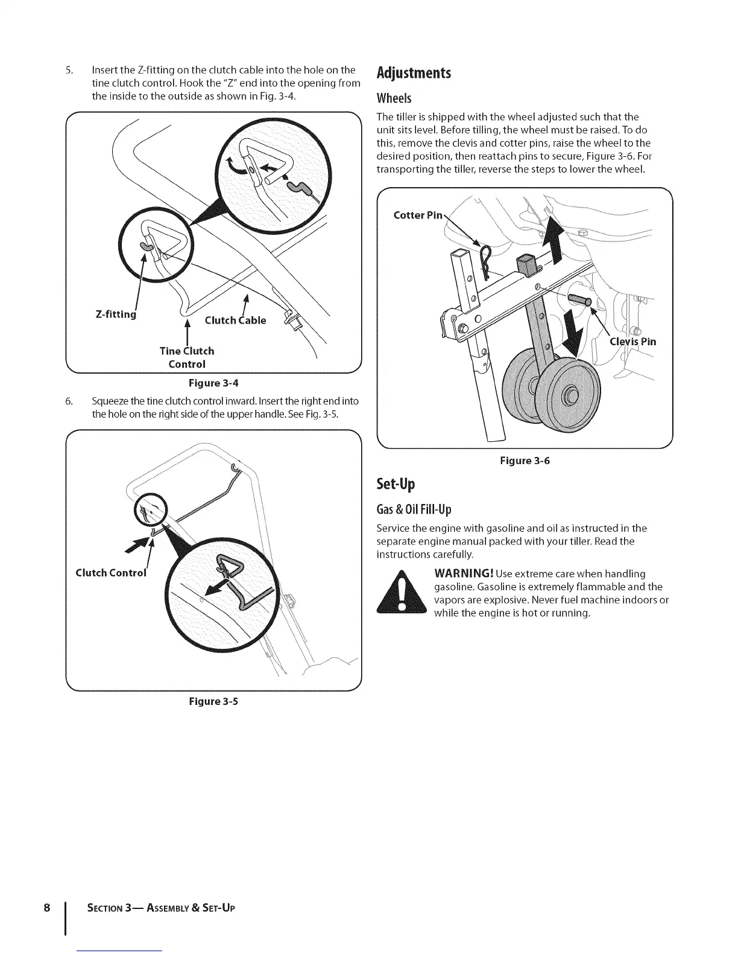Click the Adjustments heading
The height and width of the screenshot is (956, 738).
click(x=413, y=74)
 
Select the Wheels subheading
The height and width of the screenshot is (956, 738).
click(x=394, y=98)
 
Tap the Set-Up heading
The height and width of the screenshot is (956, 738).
click(x=396, y=485)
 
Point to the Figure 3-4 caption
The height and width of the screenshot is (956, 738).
click(x=213, y=383)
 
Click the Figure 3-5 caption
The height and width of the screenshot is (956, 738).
click(x=213, y=701)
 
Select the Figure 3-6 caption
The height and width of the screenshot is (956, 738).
click(x=525, y=461)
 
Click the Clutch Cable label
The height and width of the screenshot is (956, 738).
click(x=235, y=320)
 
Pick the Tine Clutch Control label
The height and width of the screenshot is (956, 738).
click(x=187, y=357)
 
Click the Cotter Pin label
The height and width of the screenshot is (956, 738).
click(x=418, y=215)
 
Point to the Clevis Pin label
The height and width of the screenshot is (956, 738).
click(x=633, y=342)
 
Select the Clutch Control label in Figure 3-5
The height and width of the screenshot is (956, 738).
click(x=111, y=573)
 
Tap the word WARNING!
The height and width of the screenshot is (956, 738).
click(x=464, y=573)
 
